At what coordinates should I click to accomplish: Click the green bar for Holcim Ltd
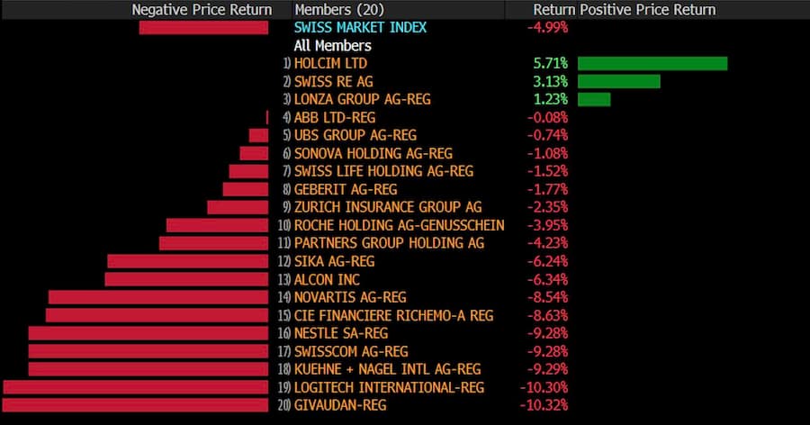pyautogui.click(x=652, y=63)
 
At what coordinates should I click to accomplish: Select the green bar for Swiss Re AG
pyautogui.click(x=618, y=81)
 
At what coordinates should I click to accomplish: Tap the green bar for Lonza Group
pyautogui.click(x=594, y=99)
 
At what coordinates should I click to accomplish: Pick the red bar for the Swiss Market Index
pyautogui.click(x=203, y=27)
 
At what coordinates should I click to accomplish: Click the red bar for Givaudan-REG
pyautogui.click(x=136, y=405)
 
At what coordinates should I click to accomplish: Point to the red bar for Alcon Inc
pyautogui.click(x=186, y=279)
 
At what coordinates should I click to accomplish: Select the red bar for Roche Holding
pyautogui.click(x=217, y=225)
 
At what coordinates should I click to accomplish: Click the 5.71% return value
pyautogui.click(x=550, y=63)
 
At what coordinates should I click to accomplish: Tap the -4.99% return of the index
pyautogui.click(x=547, y=27)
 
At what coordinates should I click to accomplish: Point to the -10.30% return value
pyautogui.click(x=544, y=387)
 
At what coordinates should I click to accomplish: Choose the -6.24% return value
pyautogui.click(x=547, y=261)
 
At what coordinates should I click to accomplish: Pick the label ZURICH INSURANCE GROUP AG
pyautogui.click(x=388, y=207)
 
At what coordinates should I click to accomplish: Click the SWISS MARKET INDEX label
pyautogui.click(x=360, y=27)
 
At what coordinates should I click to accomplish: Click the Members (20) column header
pyautogui.click(x=337, y=9)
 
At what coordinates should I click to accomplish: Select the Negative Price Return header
pyautogui.click(x=202, y=9)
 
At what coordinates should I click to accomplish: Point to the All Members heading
pyautogui.click(x=332, y=45)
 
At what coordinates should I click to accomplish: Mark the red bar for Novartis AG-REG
pyautogui.click(x=158, y=297)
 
